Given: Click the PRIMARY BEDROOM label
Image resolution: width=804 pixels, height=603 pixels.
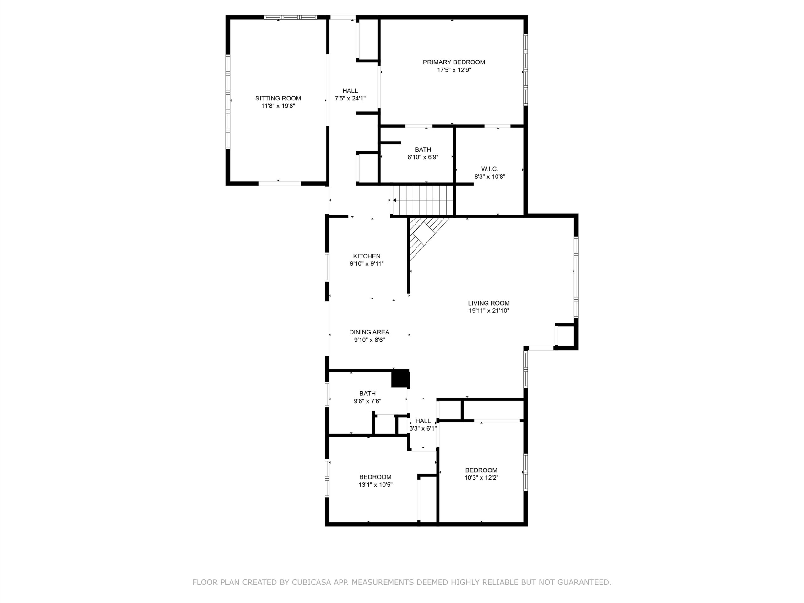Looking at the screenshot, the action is [454, 62].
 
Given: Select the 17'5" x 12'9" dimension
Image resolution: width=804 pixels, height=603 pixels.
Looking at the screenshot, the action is [454, 70].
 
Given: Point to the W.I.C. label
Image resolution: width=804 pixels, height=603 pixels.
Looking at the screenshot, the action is [490, 169].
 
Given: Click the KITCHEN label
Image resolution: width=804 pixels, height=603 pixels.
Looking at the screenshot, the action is [367, 256].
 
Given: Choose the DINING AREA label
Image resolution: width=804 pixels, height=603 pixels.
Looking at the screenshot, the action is [369, 332].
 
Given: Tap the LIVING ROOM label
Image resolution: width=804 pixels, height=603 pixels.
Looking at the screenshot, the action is [489, 303].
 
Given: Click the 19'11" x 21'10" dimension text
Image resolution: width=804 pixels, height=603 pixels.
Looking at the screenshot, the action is [489, 311].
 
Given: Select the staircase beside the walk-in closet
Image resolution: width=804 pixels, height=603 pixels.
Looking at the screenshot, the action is [423, 200].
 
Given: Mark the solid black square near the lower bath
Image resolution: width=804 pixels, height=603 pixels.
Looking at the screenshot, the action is [400, 378].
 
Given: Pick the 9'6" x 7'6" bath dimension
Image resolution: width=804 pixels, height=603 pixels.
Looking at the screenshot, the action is [367, 401].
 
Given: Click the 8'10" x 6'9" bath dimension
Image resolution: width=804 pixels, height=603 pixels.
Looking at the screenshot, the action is [423, 157].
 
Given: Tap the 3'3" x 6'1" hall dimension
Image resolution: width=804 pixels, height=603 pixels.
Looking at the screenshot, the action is [423, 428].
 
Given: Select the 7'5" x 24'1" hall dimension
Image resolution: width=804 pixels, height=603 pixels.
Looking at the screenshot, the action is [350, 98].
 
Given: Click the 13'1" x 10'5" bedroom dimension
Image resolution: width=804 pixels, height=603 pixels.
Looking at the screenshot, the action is [376, 485].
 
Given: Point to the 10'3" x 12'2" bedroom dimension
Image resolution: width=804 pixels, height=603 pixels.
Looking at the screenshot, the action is [481, 478].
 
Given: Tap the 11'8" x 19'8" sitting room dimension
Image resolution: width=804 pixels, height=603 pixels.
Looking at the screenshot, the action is [278, 106].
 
